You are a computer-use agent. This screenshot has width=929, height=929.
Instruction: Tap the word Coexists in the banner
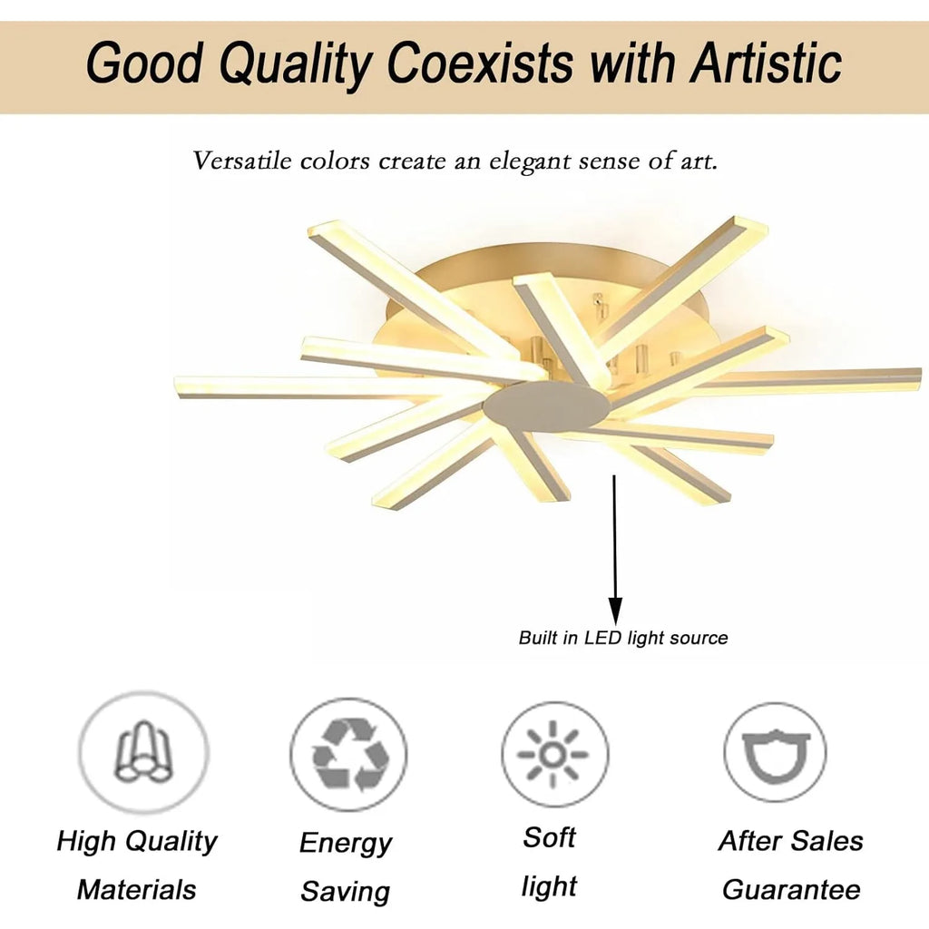pyautogui.click(x=481, y=63)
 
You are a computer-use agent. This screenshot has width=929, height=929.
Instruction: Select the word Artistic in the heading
pyautogui.click(x=767, y=63)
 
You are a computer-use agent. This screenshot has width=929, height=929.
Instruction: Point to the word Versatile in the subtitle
pyautogui.click(x=242, y=161)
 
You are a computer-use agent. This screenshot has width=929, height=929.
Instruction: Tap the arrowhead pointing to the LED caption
pyautogui.click(x=616, y=611)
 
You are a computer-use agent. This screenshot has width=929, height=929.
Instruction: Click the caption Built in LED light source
pyautogui.click(x=623, y=638)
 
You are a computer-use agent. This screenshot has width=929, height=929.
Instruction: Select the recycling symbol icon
pyautogui.click(x=349, y=754)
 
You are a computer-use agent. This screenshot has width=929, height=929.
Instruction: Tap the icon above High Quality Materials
pyautogui.click(x=144, y=752)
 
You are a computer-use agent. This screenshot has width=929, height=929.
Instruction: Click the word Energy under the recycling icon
pyautogui.click(x=346, y=843)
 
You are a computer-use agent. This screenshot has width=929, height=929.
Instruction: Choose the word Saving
pyautogui.click(x=346, y=892)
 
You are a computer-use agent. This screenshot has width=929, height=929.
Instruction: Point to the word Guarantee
pyautogui.click(x=791, y=889)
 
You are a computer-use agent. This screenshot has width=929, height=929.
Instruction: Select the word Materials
pyautogui.click(x=137, y=889)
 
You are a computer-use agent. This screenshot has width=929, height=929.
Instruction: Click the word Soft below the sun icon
pyautogui.click(x=549, y=837)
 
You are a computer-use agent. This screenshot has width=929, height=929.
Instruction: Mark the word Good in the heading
pyautogui.click(x=146, y=63)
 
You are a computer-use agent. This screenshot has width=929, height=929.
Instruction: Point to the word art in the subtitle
pyautogui.click(x=699, y=161)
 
